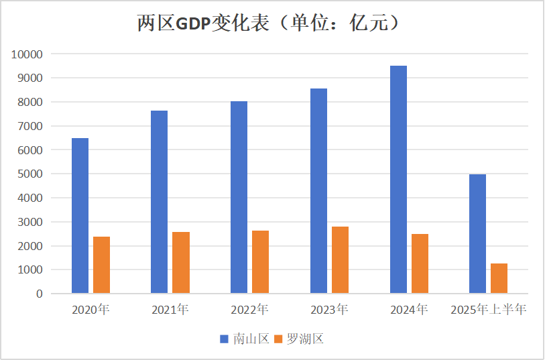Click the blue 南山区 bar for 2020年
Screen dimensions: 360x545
click(80, 216)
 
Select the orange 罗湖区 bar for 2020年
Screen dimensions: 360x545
click(101, 265)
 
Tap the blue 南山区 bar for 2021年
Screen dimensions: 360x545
click(159, 202)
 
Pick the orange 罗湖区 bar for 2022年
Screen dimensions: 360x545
click(260, 262)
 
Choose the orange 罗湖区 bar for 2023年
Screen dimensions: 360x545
click(340, 260)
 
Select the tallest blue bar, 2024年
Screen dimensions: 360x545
click(398, 180)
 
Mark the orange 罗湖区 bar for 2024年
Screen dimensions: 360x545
click(420, 263)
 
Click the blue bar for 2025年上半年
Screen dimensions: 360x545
click(477, 234)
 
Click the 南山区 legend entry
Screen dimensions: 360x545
click(245, 339)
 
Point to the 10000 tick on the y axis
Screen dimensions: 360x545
click(27, 54)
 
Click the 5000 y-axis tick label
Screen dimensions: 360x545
click(29, 174)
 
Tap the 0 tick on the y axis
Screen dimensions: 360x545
click(40, 294)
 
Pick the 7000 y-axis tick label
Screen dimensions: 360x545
click(29, 126)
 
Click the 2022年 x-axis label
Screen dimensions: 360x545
click(249, 310)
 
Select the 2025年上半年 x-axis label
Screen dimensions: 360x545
click(489, 310)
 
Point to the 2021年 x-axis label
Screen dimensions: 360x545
click(170, 310)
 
